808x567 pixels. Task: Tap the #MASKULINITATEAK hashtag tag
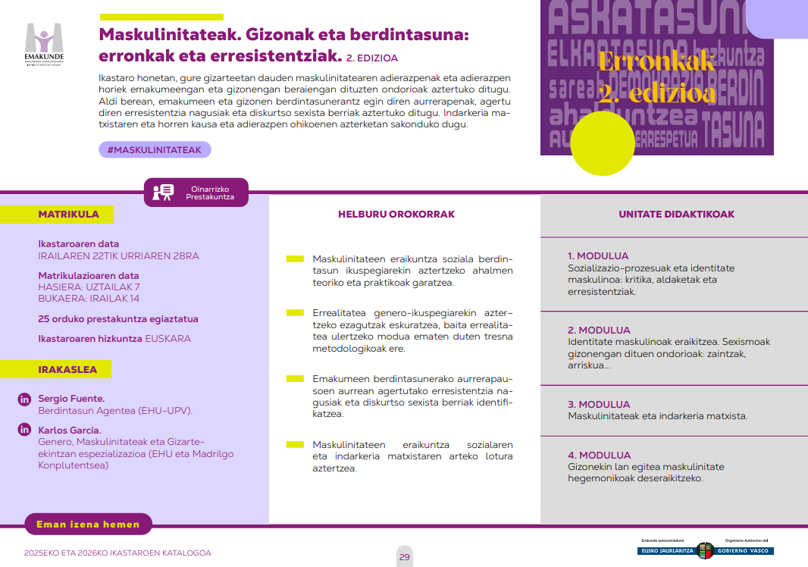(155, 150)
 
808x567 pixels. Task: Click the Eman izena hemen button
(89, 524)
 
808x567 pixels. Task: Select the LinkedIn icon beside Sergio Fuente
(24, 399)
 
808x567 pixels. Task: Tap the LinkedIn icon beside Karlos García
(24, 431)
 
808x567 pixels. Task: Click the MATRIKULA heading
(68, 215)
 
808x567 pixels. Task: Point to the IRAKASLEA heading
(67, 369)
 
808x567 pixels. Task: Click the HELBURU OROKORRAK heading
(396, 215)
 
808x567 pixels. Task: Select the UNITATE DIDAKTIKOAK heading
(676, 215)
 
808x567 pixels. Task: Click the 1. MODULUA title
(598, 256)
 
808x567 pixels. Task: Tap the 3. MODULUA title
(599, 405)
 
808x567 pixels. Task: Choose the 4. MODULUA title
(599, 456)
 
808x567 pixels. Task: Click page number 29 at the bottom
(405, 557)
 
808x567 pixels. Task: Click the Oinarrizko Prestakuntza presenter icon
(163, 193)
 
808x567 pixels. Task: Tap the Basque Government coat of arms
(705, 550)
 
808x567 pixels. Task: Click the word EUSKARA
(168, 339)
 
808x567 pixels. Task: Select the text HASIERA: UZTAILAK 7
(89, 287)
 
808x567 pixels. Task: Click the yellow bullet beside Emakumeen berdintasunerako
(295, 377)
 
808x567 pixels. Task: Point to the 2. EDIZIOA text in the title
(372, 58)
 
